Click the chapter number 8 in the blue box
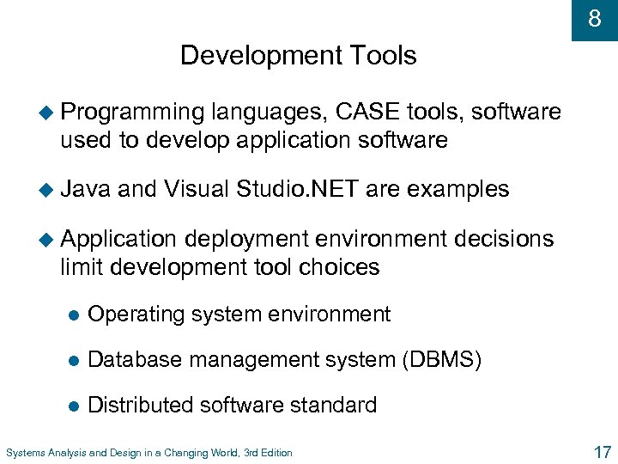tap(594, 19)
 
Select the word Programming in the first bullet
tap(132, 113)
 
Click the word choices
tap(338, 266)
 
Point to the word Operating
tap(138, 314)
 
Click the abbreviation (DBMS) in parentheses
tap(441, 360)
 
